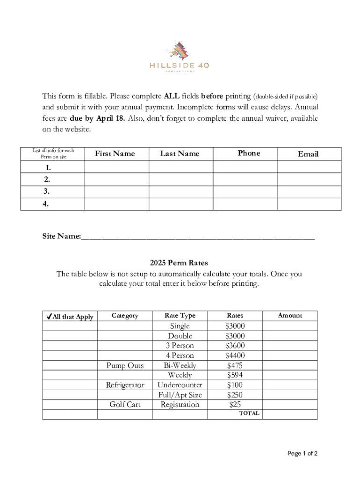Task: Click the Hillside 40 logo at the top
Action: coord(180,57)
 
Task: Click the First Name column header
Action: coord(115,153)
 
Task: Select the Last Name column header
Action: coord(180,153)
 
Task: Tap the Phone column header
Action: coord(249,153)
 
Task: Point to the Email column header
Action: coord(308,154)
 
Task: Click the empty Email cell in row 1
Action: coord(309,167)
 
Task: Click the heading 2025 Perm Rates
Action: coord(179,263)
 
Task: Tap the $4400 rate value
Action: coord(235,356)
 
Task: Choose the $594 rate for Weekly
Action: coord(235,375)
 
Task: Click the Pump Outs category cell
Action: coord(125,365)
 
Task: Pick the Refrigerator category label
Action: coord(125,385)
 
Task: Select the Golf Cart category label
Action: coord(125,405)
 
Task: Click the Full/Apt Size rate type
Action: coord(180,395)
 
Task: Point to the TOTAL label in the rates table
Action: coord(249,414)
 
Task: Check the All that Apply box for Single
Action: coord(70,326)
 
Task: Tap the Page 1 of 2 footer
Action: coord(302,453)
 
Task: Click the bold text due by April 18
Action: coord(97,118)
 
